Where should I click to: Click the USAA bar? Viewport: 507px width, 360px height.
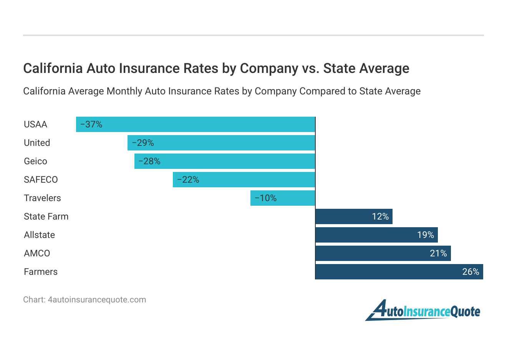196,124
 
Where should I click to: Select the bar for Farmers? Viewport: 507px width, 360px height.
399,272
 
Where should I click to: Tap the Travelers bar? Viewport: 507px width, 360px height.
283,198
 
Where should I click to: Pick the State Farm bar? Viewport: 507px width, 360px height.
354,216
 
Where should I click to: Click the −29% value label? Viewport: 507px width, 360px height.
143,143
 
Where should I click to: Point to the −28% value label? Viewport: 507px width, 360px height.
149,161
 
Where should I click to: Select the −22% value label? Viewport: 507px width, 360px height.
188,180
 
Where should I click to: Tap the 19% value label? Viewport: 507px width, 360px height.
426,235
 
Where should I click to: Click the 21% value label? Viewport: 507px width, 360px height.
438,253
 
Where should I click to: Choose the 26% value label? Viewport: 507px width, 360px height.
471,272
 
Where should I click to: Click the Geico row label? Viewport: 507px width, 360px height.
35,161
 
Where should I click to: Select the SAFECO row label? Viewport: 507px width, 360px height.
41,180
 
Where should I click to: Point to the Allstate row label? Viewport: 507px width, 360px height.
39,235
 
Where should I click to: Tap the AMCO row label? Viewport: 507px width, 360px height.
37,253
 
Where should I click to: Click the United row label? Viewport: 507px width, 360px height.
37,143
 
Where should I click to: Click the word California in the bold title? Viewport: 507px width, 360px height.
53,68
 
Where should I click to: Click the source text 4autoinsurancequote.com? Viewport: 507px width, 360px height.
97,300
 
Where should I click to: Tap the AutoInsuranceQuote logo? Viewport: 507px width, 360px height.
422,310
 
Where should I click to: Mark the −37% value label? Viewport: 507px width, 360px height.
91,124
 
